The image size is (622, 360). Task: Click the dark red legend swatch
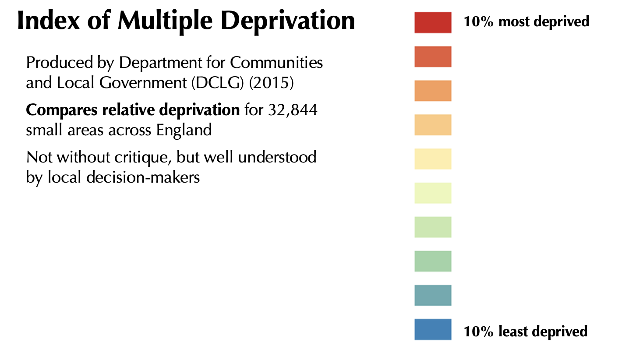tap(433, 22)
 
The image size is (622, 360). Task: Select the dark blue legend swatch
tap(433, 329)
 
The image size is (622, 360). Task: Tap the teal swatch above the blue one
tap(433, 295)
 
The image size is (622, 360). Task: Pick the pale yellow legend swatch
tap(433, 159)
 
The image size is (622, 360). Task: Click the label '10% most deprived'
tap(526, 21)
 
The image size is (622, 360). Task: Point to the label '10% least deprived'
tap(526, 331)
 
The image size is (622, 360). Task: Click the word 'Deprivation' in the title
tap(288, 21)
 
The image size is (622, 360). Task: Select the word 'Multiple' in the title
tap(165, 21)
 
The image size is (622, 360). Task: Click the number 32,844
tap(293, 110)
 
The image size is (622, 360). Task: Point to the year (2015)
tap(271, 83)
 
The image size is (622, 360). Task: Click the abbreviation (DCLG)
tap(217, 83)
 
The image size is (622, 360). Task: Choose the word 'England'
tap(184, 130)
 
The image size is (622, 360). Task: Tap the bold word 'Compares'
tap(62, 110)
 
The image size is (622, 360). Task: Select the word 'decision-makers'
tap(143, 177)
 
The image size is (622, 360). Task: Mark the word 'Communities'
tap(276, 63)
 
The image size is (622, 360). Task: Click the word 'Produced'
tap(60, 63)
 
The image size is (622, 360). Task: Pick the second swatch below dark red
tap(433, 91)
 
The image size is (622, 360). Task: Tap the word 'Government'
tap(143, 83)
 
